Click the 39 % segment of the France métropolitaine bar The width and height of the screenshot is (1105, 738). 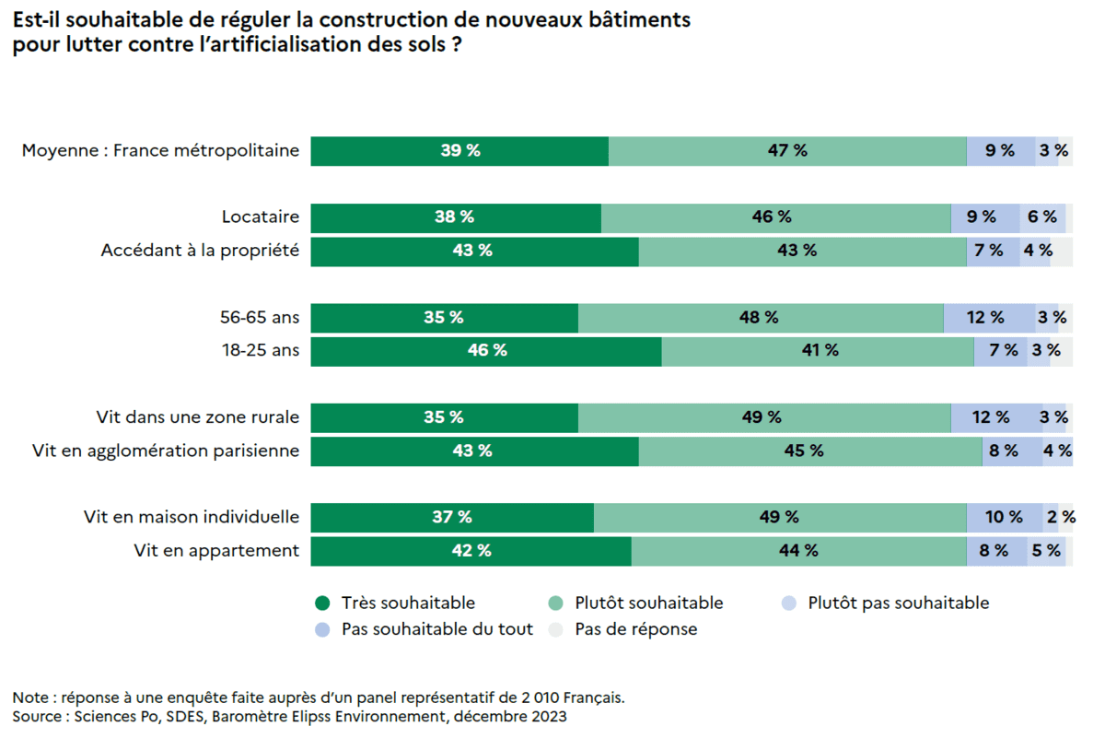(x=459, y=150)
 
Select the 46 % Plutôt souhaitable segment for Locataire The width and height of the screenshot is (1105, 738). (x=775, y=217)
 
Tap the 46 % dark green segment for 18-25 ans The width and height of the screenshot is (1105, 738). (x=486, y=351)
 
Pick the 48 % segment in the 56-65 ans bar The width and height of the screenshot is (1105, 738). (x=761, y=318)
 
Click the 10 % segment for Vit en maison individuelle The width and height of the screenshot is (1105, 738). (x=1004, y=518)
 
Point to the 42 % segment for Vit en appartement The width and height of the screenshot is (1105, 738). (x=471, y=551)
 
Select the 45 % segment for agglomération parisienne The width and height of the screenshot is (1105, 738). (x=810, y=451)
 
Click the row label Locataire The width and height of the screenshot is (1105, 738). (x=261, y=217)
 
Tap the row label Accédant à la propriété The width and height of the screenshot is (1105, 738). (x=200, y=251)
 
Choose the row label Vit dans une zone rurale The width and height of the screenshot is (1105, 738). (x=198, y=417)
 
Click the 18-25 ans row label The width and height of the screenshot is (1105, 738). (x=261, y=351)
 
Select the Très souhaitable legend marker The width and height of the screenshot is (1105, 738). (x=322, y=603)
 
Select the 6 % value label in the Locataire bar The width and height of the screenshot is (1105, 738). (x=1042, y=217)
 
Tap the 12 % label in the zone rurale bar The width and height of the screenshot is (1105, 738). (x=991, y=417)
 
